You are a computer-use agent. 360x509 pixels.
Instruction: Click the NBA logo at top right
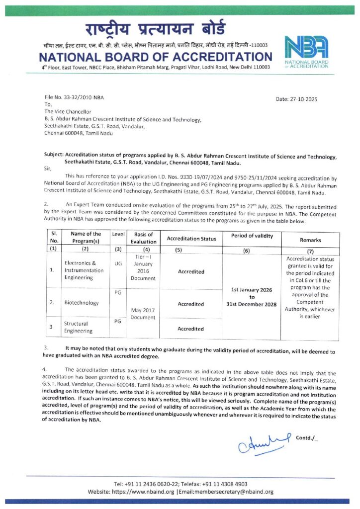(306, 51)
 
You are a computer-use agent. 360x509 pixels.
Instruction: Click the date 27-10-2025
(296, 99)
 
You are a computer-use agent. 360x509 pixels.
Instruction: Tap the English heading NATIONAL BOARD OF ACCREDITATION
(156, 57)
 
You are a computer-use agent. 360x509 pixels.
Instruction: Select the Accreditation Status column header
(191, 239)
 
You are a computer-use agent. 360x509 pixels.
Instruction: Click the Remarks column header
(310, 240)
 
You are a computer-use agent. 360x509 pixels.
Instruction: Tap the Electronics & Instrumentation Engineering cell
(84, 270)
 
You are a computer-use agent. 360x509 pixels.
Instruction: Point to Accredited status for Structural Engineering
(191, 329)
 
